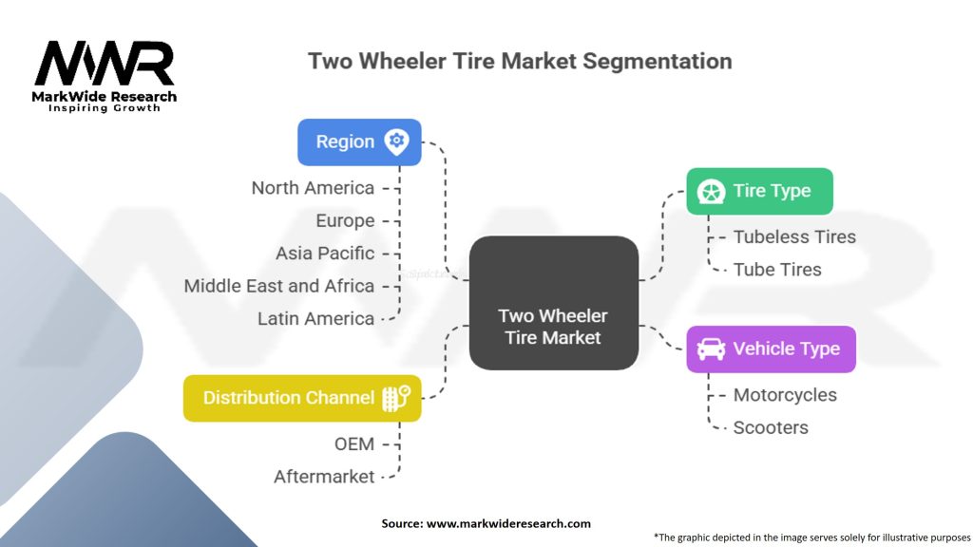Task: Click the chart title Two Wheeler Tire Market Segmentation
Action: click(520, 61)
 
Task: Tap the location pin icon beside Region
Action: click(396, 141)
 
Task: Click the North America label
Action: click(313, 188)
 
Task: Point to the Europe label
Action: click(345, 220)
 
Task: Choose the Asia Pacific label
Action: click(325, 254)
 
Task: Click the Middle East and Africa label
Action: click(279, 286)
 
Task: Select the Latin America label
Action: click(315, 319)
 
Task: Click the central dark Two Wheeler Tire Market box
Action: click(553, 303)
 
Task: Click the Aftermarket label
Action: click(324, 477)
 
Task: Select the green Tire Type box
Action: click(759, 191)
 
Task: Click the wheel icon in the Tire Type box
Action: click(711, 191)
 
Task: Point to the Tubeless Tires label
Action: click(794, 237)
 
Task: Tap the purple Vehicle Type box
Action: click(771, 349)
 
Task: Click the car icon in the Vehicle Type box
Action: click(711, 349)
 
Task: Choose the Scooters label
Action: click(771, 427)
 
